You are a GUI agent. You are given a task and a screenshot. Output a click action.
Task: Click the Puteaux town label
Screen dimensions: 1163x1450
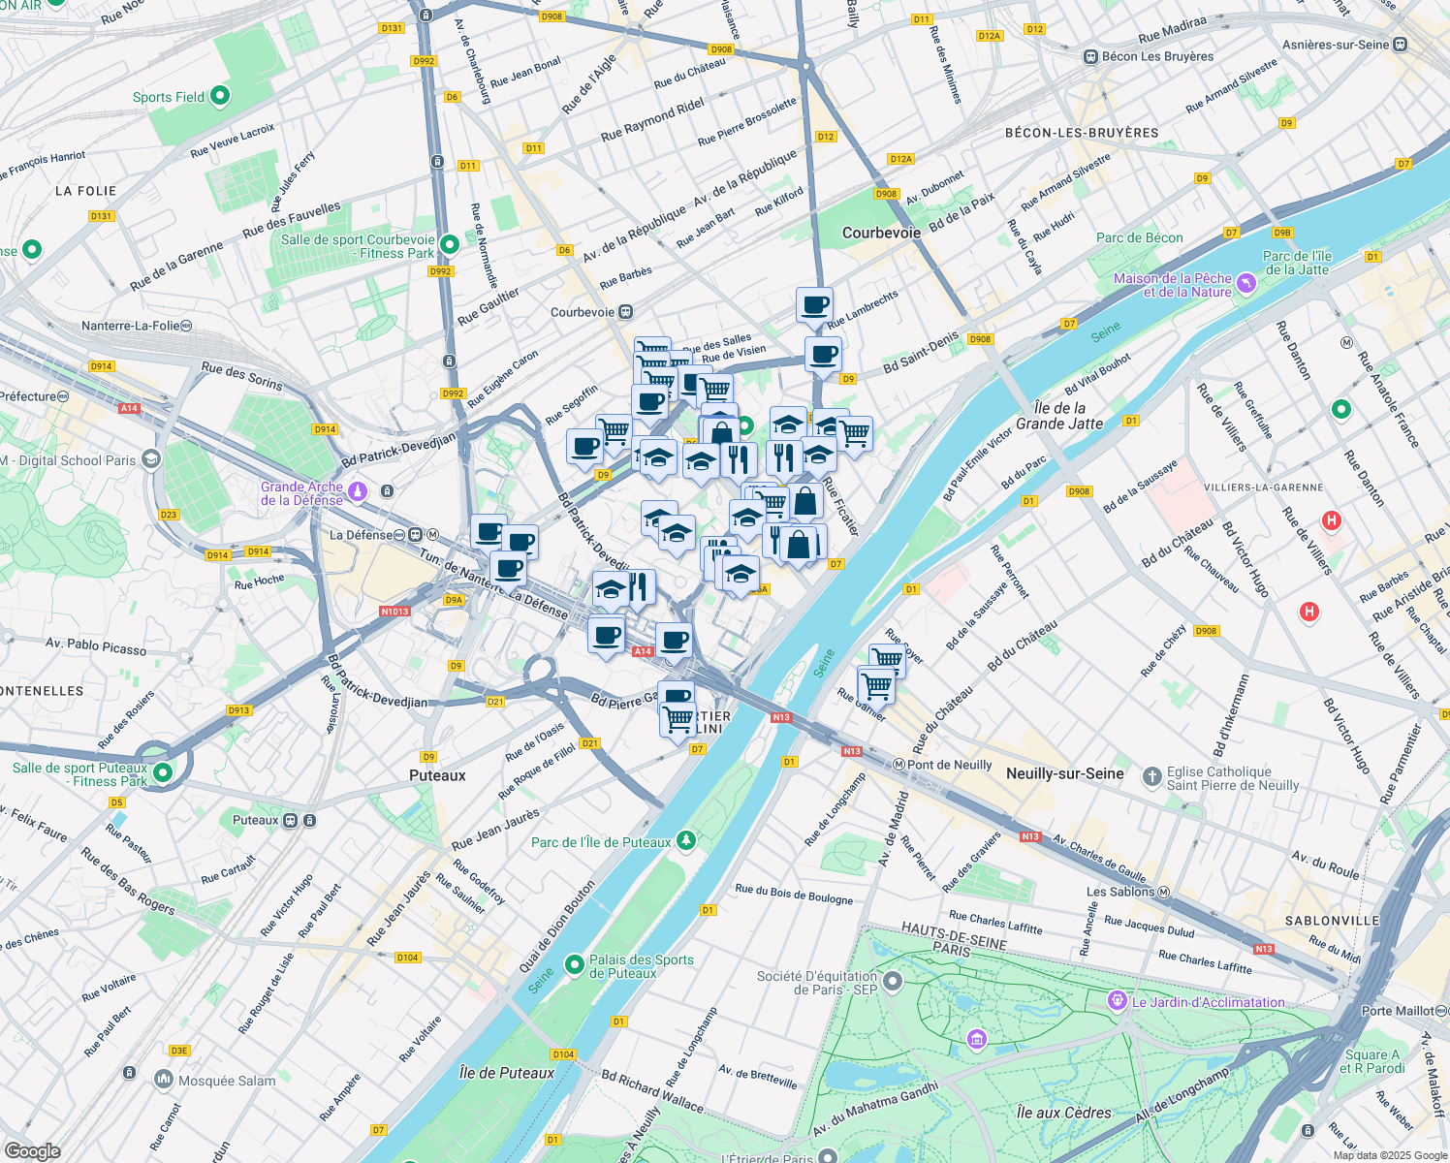click(437, 775)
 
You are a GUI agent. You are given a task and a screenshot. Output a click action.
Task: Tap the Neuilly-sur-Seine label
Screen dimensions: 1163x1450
click(1064, 773)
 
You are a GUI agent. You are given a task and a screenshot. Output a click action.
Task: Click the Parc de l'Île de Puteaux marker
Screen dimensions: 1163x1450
click(686, 839)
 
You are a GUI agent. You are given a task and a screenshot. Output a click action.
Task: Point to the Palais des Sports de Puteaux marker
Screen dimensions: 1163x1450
click(575, 964)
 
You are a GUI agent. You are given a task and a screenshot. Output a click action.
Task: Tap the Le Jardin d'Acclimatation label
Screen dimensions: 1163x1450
click(1208, 1002)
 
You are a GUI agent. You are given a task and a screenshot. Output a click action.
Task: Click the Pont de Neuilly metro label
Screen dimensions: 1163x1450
click(949, 765)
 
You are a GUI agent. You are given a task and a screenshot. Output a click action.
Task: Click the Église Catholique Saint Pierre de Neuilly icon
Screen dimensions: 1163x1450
click(1151, 776)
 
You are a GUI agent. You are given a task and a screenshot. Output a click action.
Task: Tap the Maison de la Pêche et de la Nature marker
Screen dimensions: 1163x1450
click(1246, 283)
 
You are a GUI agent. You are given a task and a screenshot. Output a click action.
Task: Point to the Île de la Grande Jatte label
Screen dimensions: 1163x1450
click(1059, 416)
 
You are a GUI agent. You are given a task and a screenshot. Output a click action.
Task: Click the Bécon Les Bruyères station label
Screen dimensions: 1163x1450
click(1156, 56)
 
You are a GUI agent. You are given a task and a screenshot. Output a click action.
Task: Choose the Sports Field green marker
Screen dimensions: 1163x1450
click(220, 95)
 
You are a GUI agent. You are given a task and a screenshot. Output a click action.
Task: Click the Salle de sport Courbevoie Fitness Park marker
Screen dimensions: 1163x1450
click(449, 243)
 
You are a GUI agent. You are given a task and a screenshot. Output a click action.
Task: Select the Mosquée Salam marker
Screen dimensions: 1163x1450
click(163, 1079)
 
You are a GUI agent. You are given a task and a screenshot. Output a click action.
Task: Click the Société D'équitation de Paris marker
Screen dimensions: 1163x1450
click(893, 982)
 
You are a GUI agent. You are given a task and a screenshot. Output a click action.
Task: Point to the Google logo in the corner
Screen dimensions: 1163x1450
click(32, 1150)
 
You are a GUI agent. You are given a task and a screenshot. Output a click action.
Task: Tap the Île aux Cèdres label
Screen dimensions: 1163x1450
click(1064, 1113)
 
